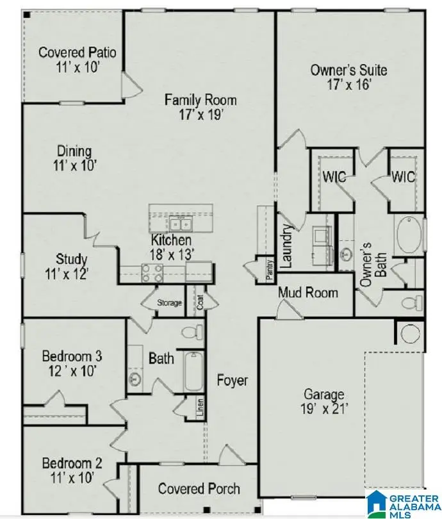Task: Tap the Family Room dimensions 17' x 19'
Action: (x=201, y=115)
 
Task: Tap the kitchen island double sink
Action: (x=180, y=224)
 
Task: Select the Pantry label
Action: (x=270, y=268)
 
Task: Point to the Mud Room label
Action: (x=307, y=293)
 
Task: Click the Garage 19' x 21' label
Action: (x=323, y=402)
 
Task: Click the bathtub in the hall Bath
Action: (x=193, y=373)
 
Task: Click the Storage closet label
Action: (x=169, y=303)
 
